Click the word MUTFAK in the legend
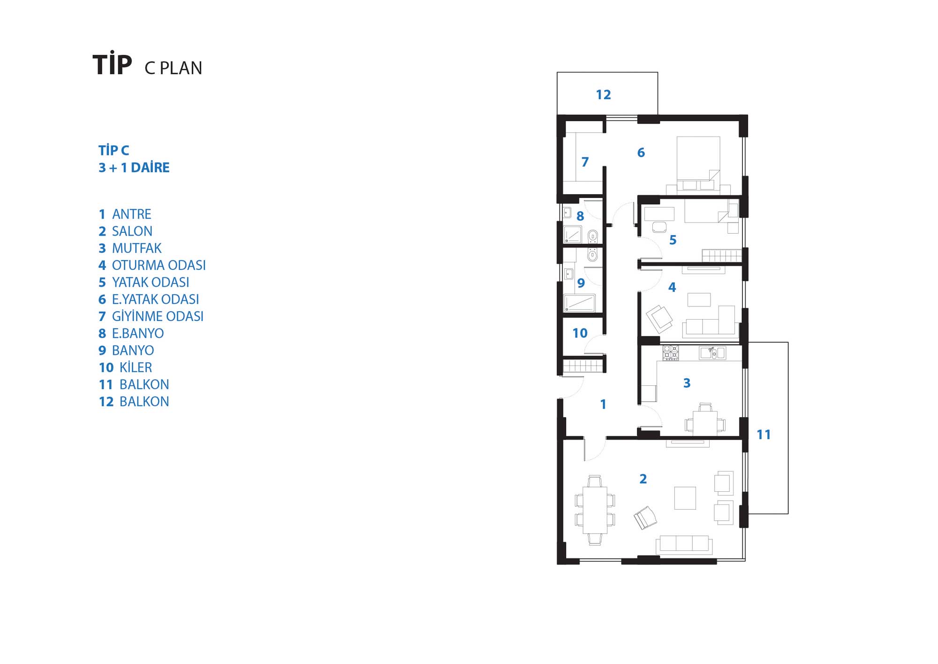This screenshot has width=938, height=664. (136, 248)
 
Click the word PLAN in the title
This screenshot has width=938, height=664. (181, 69)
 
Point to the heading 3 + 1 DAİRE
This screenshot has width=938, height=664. (134, 168)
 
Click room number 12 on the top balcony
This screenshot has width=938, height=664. (603, 95)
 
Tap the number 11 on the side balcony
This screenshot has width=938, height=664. (764, 435)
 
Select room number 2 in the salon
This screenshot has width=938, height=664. (643, 479)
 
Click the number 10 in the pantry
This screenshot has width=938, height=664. (580, 333)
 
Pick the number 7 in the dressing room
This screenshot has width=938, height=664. (585, 162)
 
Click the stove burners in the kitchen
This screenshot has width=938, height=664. (671, 353)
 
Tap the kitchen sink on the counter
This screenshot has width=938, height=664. (712, 353)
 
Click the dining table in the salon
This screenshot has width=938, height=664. (595, 510)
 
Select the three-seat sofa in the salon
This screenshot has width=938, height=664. (684, 544)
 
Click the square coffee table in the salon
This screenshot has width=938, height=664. (685, 498)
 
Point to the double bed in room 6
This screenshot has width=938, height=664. (698, 164)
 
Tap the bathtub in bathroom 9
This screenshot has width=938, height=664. (579, 303)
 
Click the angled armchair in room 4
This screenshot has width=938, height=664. (659, 318)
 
